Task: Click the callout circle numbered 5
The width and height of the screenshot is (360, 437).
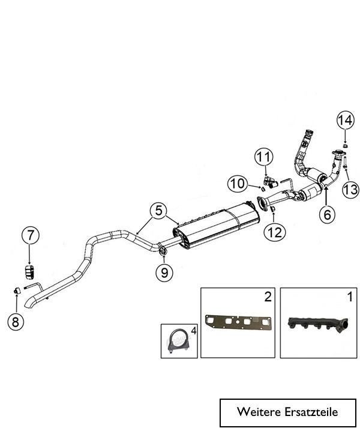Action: coord(158,211)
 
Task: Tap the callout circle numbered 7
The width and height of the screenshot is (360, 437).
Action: coord(30,234)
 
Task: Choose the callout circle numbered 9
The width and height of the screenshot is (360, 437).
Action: coord(163,273)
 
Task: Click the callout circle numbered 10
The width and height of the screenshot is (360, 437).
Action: coord(237,183)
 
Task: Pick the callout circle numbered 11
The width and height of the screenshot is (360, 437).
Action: coord(263,158)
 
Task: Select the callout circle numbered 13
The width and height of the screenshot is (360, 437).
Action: coord(350,190)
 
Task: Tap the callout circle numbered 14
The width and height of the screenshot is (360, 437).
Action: coord(344,121)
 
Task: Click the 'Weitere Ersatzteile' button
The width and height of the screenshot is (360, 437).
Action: coord(287,412)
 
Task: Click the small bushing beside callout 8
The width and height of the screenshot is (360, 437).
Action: coord(17,291)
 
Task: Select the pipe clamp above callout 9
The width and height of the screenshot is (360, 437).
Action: coord(163,250)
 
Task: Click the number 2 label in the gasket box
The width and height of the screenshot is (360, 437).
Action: coord(267,296)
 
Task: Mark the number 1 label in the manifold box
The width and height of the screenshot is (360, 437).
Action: coord(349,296)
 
